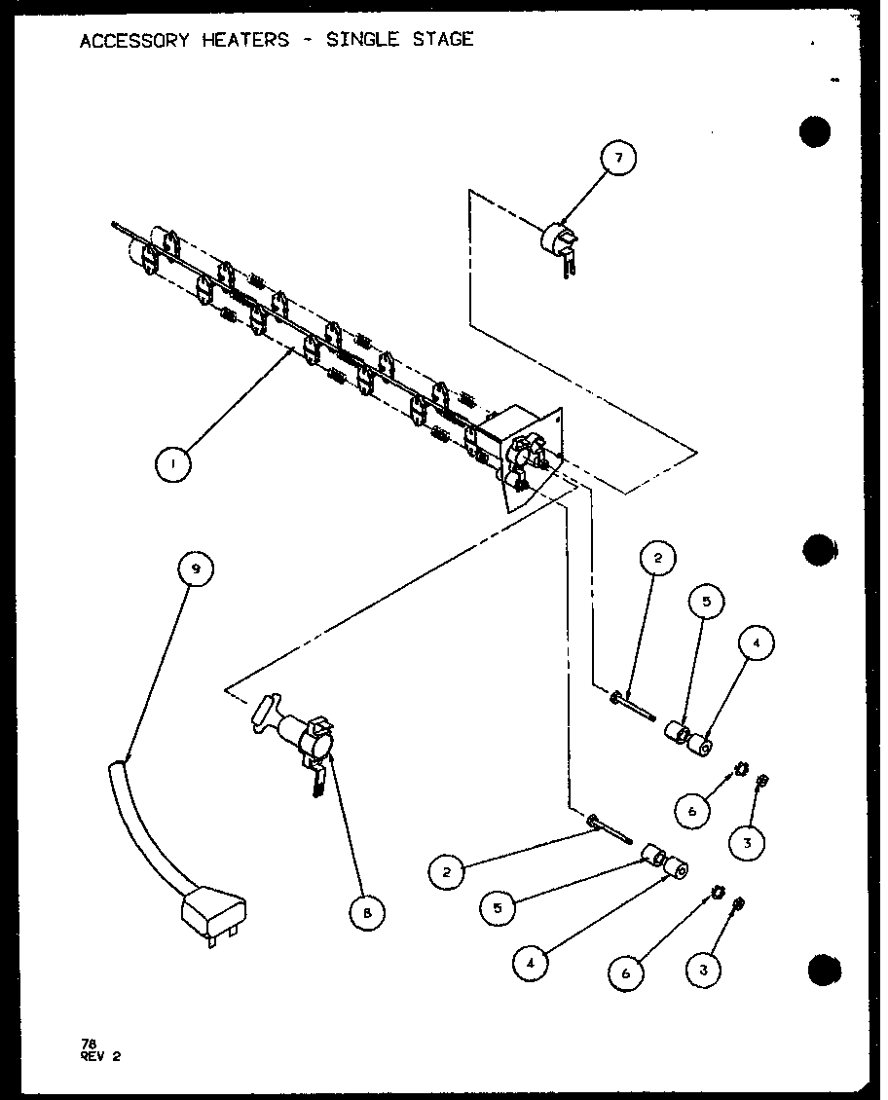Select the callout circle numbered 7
618,159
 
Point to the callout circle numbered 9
196,569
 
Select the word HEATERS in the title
253,40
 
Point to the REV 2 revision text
100,1055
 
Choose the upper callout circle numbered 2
657,559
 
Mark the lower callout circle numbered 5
497,908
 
